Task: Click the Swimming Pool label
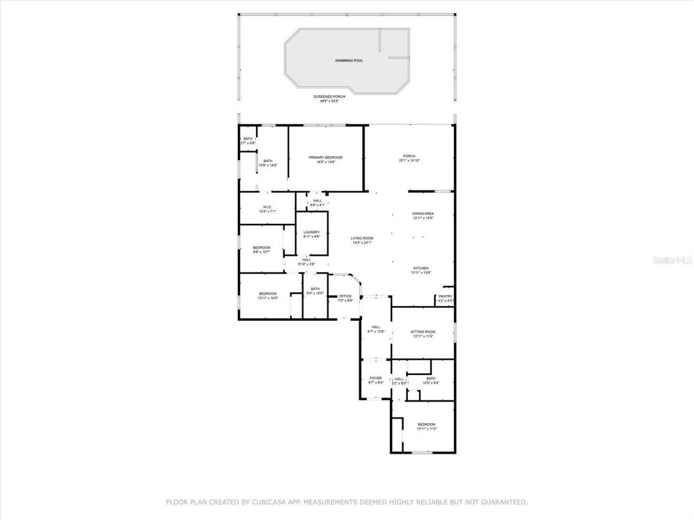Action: (x=349, y=61)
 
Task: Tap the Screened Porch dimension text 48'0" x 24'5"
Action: (x=329, y=101)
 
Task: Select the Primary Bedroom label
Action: (x=326, y=158)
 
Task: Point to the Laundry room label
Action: (x=311, y=232)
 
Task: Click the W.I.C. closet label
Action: (x=267, y=207)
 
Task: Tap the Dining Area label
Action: (x=423, y=213)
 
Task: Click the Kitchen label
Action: (x=421, y=268)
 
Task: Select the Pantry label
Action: (x=445, y=296)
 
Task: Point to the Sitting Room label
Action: (x=423, y=331)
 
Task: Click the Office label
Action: (x=345, y=296)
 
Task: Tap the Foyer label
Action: (x=376, y=378)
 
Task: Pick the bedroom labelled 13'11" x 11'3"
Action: (x=426, y=426)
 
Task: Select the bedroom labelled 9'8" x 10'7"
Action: (x=261, y=250)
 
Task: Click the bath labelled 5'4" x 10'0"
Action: (x=315, y=291)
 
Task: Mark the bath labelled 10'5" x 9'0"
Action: (x=430, y=380)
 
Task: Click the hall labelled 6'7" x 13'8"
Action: (x=376, y=329)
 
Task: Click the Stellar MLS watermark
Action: (x=672, y=260)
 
